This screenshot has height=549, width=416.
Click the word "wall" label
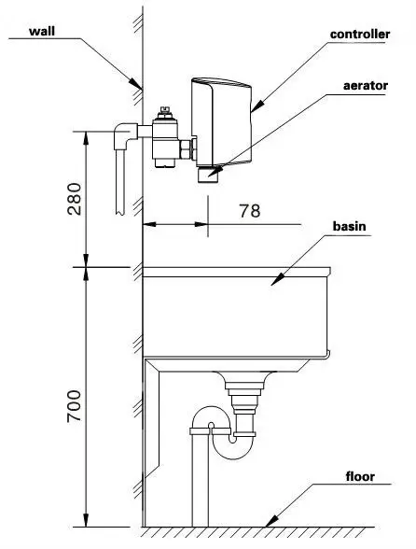[x=42, y=31]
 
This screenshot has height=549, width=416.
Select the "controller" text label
[x=360, y=34]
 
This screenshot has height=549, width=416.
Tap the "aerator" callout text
[x=366, y=86]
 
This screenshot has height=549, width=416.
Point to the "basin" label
[x=349, y=226]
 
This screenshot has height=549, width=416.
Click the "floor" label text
[x=360, y=476]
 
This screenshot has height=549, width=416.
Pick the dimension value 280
[x=75, y=199]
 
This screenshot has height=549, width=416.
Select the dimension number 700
[x=75, y=406]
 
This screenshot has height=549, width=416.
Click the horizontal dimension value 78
[x=249, y=211]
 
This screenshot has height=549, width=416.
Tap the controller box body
[x=221, y=121]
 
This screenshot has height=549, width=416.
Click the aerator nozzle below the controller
[x=208, y=174]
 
